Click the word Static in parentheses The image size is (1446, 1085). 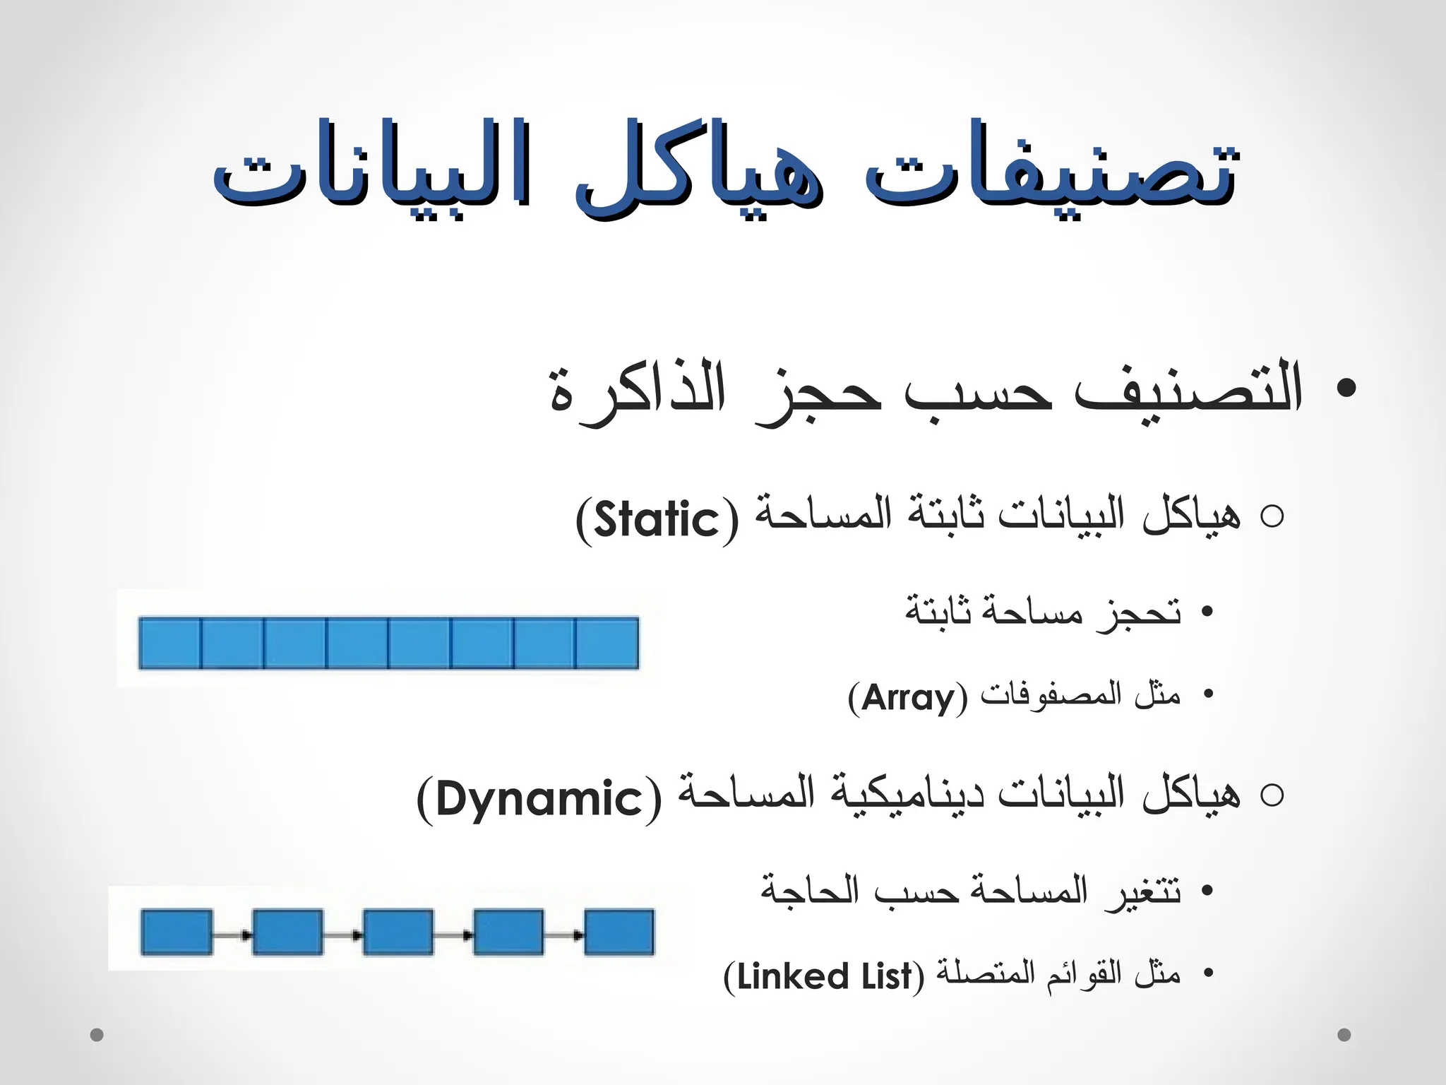(x=657, y=520)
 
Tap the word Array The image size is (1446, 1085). (x=908, y=698)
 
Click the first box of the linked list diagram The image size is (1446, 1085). (x=177, y=932)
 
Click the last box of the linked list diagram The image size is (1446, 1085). (x=619, y=932)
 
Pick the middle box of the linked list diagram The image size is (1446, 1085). (x=398, y=932)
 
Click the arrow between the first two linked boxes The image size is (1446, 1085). (x=232, y=935)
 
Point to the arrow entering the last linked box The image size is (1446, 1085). (x=564, y=935)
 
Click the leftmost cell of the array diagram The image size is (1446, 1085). (x=170, y=643)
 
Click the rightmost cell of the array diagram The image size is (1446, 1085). (x=608, y=643)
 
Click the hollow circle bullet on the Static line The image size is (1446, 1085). (x=1271, y=518)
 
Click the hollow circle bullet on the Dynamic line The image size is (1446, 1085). (x=1271, y=796)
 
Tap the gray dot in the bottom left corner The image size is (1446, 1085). (x=97, y=1035)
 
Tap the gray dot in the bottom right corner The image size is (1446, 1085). (x=1344, y=1035)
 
